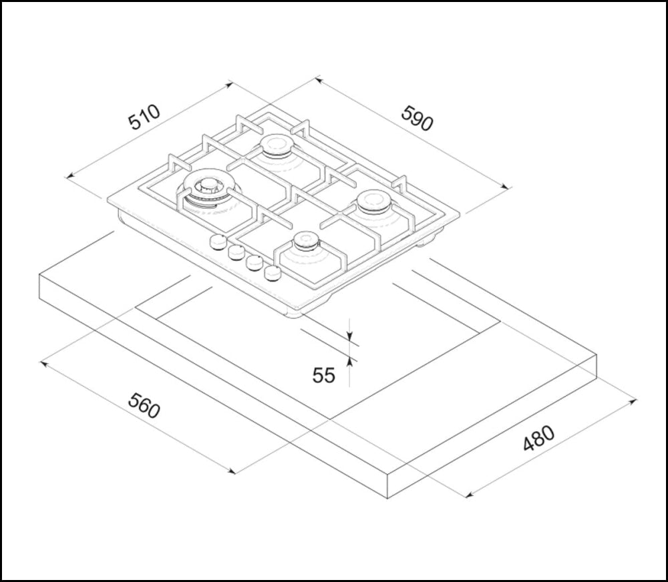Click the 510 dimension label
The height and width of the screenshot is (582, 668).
tap(144, 117)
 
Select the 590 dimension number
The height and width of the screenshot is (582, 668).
tap(417, 118)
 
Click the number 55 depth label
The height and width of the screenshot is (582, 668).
tap(324, 375)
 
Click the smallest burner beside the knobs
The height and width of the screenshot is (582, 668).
tap(307, 242)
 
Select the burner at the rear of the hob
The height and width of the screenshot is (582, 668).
tap(276, 145)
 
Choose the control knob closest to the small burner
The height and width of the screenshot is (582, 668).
tap(273, 272)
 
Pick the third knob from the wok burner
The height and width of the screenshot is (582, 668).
tap(254, 263)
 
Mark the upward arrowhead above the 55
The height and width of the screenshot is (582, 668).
tap(350, 361)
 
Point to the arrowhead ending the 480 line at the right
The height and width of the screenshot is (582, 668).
tap(633, 402)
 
